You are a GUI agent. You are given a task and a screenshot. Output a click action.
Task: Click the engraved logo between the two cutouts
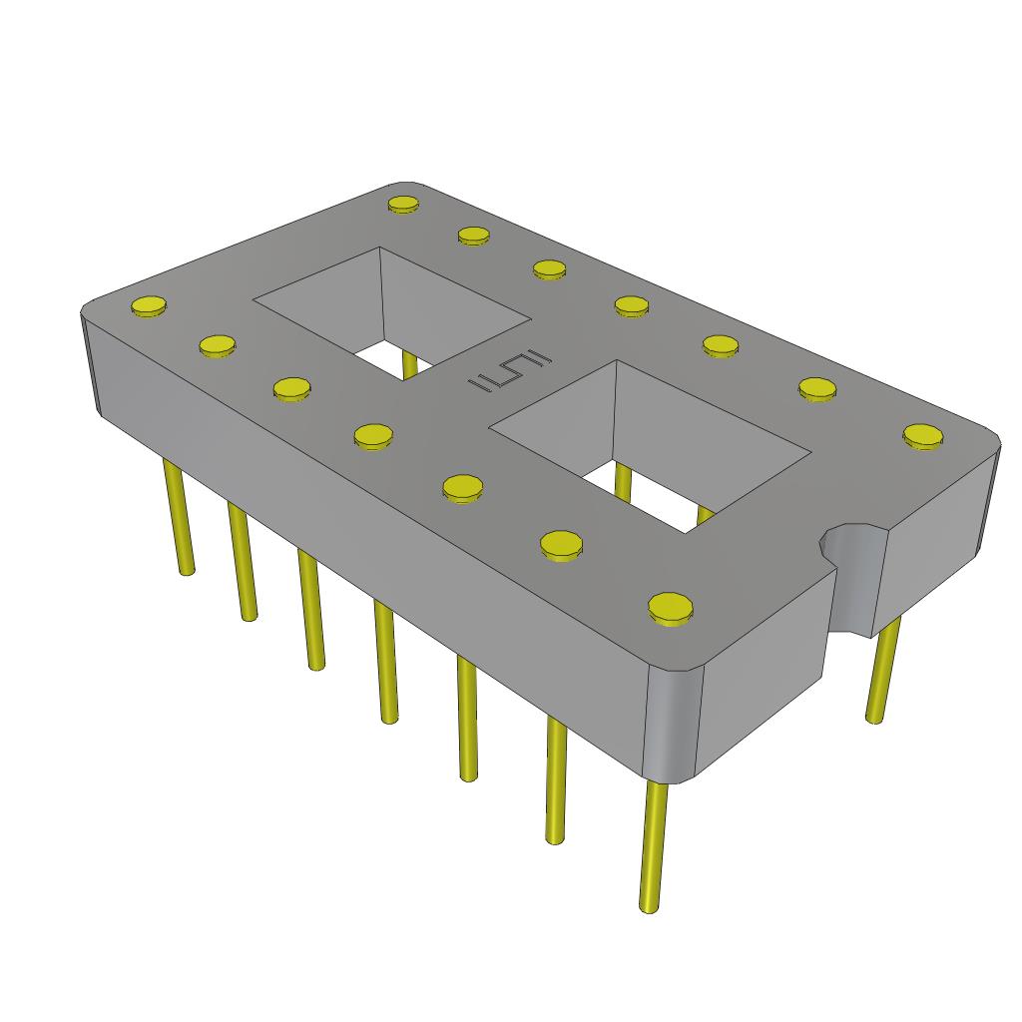[x=507, y=373]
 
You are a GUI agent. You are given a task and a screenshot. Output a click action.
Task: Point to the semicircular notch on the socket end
[x=848, y=545]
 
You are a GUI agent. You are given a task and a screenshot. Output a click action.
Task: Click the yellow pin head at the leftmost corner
[x=149, y=306]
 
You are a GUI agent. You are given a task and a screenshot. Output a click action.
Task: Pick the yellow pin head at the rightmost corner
[x=924, y=435]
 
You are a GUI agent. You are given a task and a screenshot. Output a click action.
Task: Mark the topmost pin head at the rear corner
[x=403, y=205]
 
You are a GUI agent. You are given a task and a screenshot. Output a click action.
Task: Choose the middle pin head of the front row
[x=373, y=435]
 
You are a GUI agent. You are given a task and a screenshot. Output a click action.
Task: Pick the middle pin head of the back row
[x=631, y=304]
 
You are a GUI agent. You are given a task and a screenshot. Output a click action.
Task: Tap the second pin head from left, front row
[x=217, y=346]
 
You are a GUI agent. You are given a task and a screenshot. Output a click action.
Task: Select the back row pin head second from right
[x=816, y=388]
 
